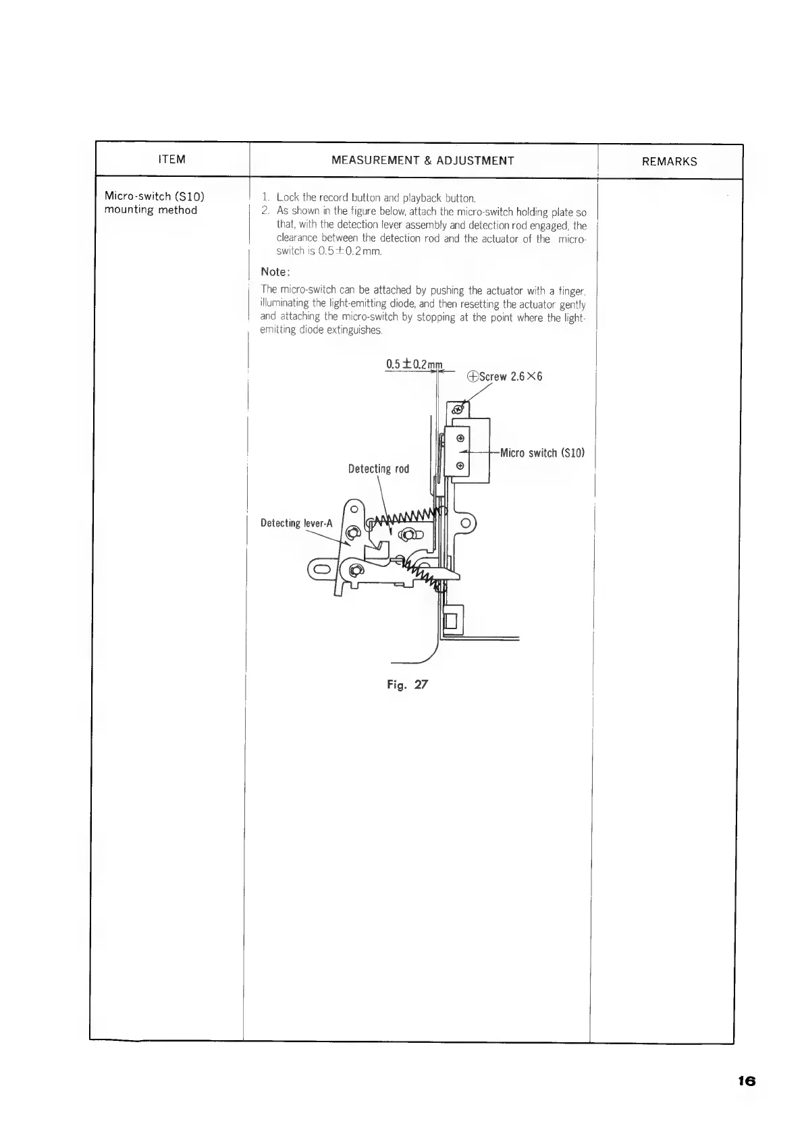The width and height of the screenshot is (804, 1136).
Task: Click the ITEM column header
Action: tap(171, 160)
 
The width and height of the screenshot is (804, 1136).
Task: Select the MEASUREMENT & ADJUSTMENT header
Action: tap(423, 161)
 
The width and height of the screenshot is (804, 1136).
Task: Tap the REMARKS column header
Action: tap(670, 161)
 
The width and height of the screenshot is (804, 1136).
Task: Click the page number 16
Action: tap(746, 1081)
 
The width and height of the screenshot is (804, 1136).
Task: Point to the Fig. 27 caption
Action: tap(407, 684)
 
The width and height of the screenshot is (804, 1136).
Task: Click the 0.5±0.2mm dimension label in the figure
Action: tap(413, 365)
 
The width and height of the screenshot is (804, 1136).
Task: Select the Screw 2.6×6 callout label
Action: tap(505, 376)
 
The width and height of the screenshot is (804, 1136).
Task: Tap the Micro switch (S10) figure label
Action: tap(541, 452)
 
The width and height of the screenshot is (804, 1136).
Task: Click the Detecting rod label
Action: tap(378, 468)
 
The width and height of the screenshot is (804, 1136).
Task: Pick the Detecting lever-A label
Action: tap(296, 523)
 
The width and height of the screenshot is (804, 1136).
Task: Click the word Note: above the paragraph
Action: tap(275, 272)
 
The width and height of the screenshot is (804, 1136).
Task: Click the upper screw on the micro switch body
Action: tap(460, 437)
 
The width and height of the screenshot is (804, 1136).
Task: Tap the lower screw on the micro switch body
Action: tap(460, 466)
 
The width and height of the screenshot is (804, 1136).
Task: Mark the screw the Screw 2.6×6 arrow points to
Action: tap(458, 409)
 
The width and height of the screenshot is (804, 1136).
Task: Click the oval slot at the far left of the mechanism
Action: tap(321, 570)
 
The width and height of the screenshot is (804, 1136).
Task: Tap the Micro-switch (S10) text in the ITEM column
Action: tap(155, 196)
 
